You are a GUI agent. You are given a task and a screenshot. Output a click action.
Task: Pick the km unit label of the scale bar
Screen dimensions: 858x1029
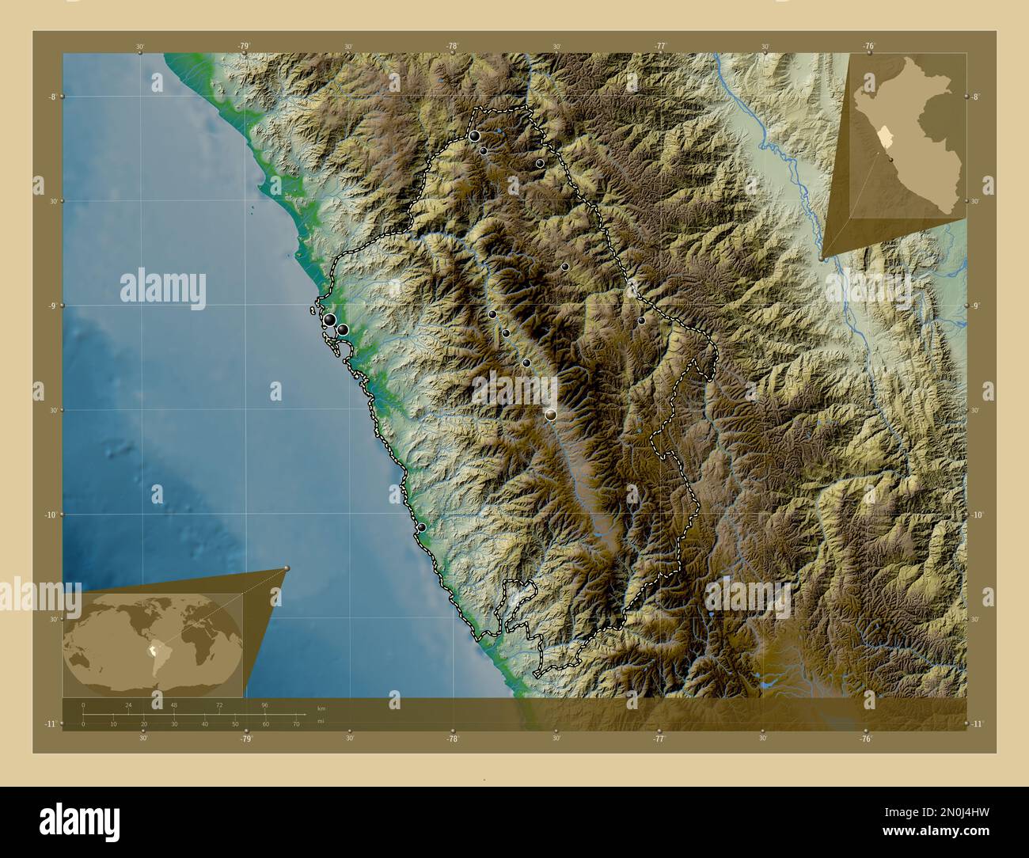click(321, 708)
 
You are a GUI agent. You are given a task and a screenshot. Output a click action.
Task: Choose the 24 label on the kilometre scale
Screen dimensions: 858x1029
click(128, 704)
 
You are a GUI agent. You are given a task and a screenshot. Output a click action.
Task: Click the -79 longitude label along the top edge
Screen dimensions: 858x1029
click(244, 46)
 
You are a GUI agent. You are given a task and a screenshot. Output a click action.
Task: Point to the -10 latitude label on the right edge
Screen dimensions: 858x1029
click(977, 514)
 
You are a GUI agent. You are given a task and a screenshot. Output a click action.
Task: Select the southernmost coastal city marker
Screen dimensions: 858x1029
click(422, 527)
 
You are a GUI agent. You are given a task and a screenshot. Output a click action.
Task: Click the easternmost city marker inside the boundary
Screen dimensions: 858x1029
click(641, 321)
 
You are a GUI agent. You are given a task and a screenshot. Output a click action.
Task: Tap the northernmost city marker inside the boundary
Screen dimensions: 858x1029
click(474, 136)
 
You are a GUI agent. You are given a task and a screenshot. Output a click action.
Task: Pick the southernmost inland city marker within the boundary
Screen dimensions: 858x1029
click(551, 414)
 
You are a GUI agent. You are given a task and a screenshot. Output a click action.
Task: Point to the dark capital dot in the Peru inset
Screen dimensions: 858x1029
click(892, 159)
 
